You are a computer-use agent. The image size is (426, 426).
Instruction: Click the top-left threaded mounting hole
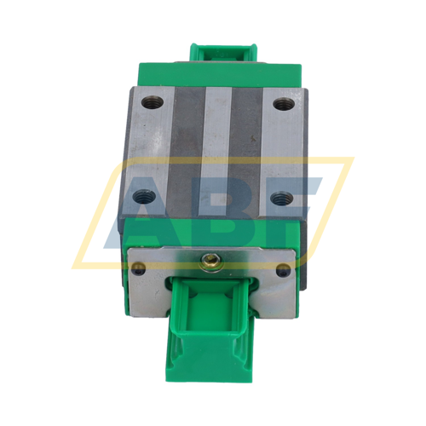pyautogui.click(x=152, y=104)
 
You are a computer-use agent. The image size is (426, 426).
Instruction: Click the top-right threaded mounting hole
pyautogui.click(x=282, y=105)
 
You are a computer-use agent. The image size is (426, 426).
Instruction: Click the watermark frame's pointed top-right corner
pyautogui.click(x=352, y=158)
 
